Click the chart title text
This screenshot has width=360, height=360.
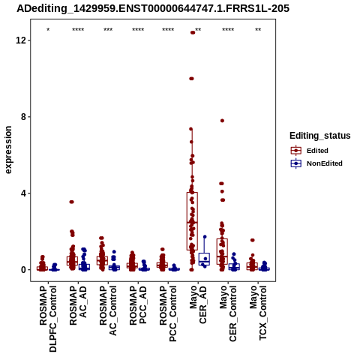coord(153,8)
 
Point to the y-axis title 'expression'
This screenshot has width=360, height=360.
coord(8,150)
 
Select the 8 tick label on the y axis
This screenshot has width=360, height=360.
coord(23,117)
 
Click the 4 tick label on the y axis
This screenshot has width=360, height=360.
coord(23,193)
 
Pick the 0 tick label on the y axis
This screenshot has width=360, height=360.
coord(23,270)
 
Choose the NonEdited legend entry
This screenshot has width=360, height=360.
coord(316,163)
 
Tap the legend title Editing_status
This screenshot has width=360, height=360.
coord(320,136)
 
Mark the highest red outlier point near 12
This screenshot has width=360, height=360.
coord(193,32)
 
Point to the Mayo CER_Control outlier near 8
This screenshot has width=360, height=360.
coord(222,121)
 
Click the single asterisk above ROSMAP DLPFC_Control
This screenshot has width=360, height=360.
coord(48,30)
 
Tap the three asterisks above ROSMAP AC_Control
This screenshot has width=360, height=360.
coord(108,30)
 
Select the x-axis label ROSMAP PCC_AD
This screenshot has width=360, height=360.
coord(138,305)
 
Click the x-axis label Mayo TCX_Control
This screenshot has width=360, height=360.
coord(258,313)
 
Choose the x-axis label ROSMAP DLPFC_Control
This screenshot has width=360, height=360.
coord(48,319)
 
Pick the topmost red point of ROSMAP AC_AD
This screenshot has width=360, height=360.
coord(72,202)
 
